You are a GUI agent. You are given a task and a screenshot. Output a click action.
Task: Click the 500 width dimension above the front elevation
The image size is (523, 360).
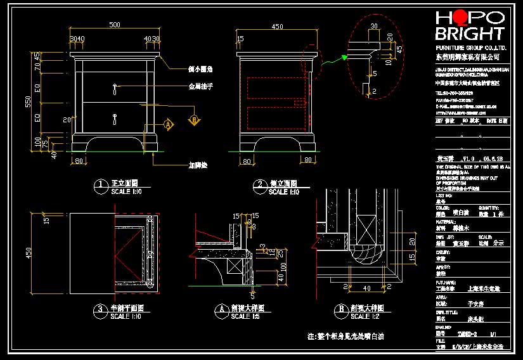pos(115,25)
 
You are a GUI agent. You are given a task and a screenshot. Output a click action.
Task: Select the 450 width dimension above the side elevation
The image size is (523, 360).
pos(277,27)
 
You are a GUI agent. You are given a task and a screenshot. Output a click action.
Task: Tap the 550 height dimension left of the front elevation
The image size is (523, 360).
pos(28,102)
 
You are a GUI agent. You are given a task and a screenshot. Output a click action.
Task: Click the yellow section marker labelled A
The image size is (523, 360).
pos(169,125)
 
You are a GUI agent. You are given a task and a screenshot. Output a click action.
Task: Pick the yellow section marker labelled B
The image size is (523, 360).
pos(195,119)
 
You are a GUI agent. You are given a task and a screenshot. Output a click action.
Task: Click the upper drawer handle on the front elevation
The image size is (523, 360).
pos(115,88)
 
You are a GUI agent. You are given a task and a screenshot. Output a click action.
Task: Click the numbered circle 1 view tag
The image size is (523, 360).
pos(100,185)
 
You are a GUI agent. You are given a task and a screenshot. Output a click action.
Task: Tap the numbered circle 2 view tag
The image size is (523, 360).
pos(259,185)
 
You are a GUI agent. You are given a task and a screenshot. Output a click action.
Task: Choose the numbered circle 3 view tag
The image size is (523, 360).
pos(100,310)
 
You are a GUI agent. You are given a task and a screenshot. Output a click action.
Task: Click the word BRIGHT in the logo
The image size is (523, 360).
pos(470,34)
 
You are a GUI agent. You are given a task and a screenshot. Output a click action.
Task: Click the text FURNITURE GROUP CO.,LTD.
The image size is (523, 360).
pos(470,48)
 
